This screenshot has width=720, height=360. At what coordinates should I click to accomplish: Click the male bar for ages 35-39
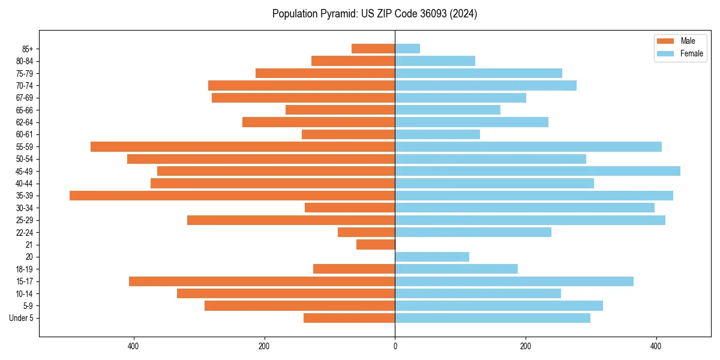point(232,196)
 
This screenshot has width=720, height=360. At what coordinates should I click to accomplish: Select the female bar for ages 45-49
point(538,171)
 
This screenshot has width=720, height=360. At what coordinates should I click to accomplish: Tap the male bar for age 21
point(376,245)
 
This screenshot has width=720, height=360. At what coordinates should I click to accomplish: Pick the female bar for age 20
point(432,257)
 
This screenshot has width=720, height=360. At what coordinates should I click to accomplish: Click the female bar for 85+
point(407,49)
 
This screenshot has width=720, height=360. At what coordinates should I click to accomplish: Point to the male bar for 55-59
point(242,146)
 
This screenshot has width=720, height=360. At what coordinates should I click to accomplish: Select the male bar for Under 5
point(349,318)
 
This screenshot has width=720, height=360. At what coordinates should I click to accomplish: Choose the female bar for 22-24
point(473,232)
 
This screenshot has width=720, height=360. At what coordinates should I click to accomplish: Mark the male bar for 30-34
point(350,208)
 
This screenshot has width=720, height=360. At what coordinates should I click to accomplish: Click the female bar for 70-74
point(485,85)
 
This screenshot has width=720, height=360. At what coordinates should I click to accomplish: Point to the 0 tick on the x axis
point(395,346)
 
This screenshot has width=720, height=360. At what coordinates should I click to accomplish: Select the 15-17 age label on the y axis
point(25,281)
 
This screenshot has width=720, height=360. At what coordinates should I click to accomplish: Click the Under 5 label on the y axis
point(21,318)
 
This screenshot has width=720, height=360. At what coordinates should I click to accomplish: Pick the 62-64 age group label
point(25,122)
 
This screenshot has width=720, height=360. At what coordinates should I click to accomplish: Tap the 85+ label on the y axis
point(28,49)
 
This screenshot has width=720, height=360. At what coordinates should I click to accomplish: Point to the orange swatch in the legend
point(665,41)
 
